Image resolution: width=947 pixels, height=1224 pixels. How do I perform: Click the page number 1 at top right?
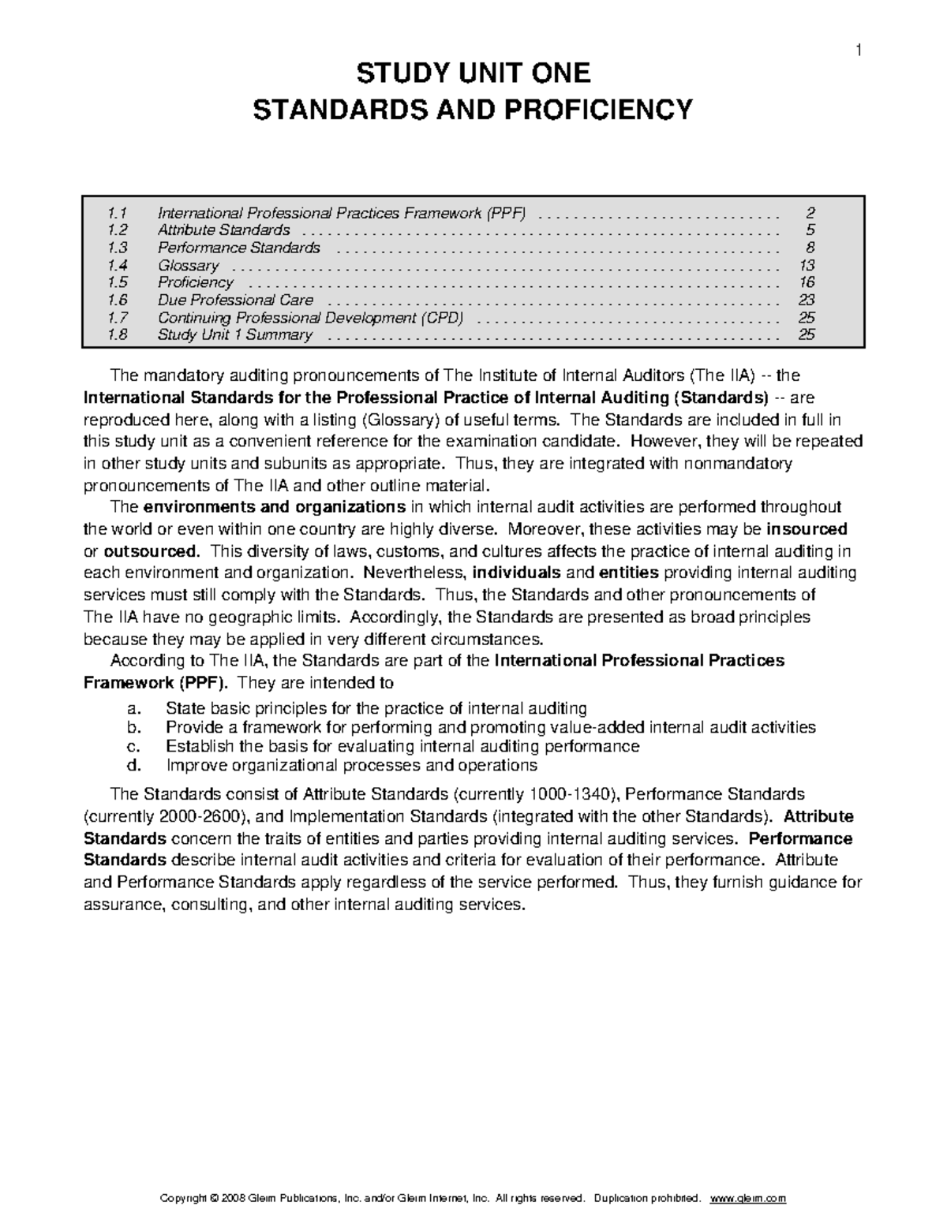coord(859,52)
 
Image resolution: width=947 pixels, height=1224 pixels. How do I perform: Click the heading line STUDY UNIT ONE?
coord(473,74)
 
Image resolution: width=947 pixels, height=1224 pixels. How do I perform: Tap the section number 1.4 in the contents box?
coord(118,266)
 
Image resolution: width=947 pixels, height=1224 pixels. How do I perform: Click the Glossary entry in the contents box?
coord(188,266)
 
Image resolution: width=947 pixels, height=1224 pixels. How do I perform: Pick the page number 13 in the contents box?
coord(806,266)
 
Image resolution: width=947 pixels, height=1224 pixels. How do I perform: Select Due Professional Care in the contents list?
coord(235,300)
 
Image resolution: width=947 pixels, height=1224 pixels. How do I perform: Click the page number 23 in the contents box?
coord(806,300)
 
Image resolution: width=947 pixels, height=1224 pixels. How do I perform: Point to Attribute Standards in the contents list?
coord(223,230)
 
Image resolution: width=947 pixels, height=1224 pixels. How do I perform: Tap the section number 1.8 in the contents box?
coord(118,335)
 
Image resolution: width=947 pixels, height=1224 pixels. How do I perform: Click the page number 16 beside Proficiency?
coord(806,283)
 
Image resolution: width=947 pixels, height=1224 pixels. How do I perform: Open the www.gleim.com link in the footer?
coord(748,1198)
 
